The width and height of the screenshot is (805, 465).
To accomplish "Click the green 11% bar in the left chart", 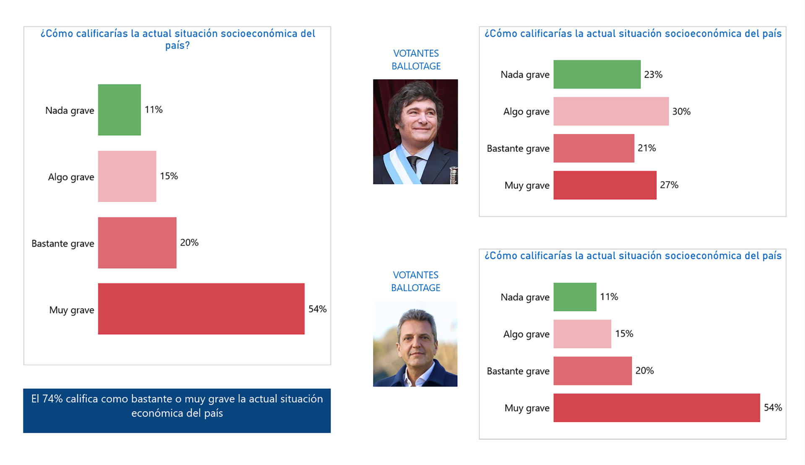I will click(x=119, y=110).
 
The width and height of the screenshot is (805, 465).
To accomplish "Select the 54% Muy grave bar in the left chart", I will click(x=201, y=309).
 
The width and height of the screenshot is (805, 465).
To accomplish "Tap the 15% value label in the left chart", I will click(x=169, y=176).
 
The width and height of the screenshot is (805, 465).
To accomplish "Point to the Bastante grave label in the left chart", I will click(x=63, y=243).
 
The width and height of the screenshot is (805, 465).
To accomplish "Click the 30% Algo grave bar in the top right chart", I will click(x=611, y=111).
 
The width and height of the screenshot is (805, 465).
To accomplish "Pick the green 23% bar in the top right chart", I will click(x=597, y=75).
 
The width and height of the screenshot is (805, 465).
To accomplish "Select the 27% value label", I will click(x=669, y=185).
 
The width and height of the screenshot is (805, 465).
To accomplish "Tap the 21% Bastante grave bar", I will click(x=594, y=148).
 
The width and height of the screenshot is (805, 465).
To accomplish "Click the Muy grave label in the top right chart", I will click(x=527, y=185).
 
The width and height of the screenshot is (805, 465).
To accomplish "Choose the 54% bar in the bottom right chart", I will click(x=656, y=408).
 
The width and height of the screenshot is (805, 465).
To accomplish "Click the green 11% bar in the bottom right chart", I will click(x=574, y=297).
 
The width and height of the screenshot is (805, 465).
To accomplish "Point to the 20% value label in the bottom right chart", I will click(x=644, y=371).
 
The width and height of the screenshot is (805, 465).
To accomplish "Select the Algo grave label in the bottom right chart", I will click(x=526, y=334).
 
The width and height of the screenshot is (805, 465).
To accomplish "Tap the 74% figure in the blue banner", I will click(x=52, y=399).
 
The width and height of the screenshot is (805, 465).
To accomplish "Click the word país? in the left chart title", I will click(x=177, y=45).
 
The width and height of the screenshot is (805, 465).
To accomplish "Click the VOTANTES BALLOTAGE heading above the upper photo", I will click(x=416, y=60).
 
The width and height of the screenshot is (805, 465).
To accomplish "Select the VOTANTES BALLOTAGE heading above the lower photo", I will click(x=415, y=282).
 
